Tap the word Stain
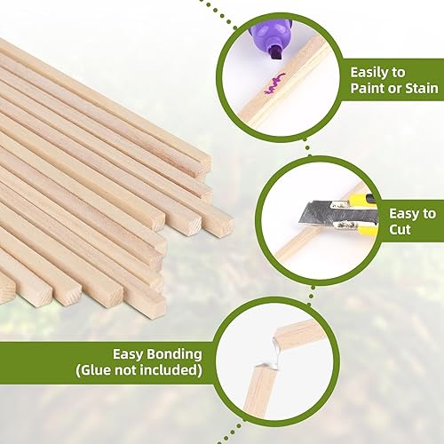click(422, 88)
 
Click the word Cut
click(400, 229)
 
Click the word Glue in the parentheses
click(95, 370)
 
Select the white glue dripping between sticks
click(276, 353)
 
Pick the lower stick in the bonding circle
click(260, 389)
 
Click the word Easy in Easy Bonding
click(128, 354)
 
